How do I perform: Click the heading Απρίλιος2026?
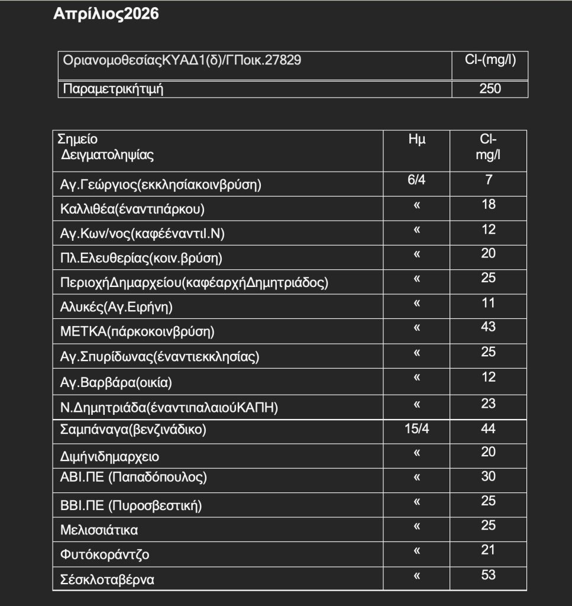[106, 15]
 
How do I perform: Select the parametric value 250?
[489, 89]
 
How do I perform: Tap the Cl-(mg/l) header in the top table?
[489, 60]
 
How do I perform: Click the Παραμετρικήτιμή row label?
[113, 89]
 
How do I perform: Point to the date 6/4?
[416, 180]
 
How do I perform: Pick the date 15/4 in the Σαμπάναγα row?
[416, 428]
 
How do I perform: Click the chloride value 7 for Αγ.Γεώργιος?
[489, 180]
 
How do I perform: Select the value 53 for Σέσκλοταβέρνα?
[489, 575]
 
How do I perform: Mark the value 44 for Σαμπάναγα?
[489, 428]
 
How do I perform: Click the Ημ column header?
[416, 140]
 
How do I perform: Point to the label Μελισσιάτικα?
[99, 530]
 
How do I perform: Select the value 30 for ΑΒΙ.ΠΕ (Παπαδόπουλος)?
[489, 476]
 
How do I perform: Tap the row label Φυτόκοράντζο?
[105, 555]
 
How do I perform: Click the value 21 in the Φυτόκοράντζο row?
[489, 550]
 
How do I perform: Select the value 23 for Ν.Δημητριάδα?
[489, 402]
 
